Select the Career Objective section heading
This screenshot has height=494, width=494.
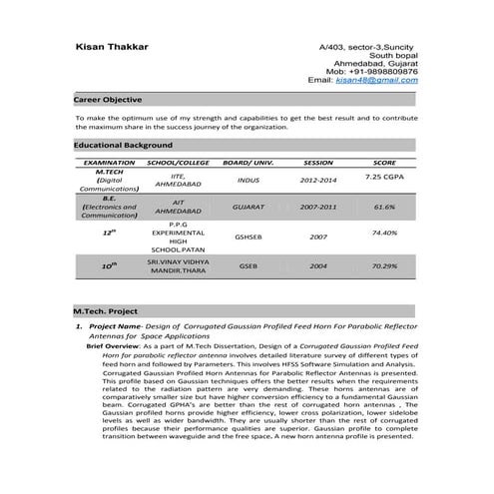point(108,101)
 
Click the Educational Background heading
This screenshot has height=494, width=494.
point(124,146)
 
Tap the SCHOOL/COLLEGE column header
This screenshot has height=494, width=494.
point(178,162)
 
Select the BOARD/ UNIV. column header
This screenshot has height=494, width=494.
point(248,162)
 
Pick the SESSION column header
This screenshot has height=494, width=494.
point(317,162)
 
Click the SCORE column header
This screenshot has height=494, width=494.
point(384,162)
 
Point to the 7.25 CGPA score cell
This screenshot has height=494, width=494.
point(384,176)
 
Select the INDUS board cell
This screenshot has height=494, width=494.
point(248,181)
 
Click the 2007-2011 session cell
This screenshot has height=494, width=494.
point(318,207)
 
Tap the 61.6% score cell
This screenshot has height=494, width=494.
point(384,207)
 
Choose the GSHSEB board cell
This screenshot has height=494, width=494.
point(248,237)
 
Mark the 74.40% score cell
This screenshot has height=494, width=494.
point(384,233)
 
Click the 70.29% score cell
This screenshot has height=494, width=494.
point(384,266)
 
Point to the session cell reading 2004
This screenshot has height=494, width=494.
point(318,266)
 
